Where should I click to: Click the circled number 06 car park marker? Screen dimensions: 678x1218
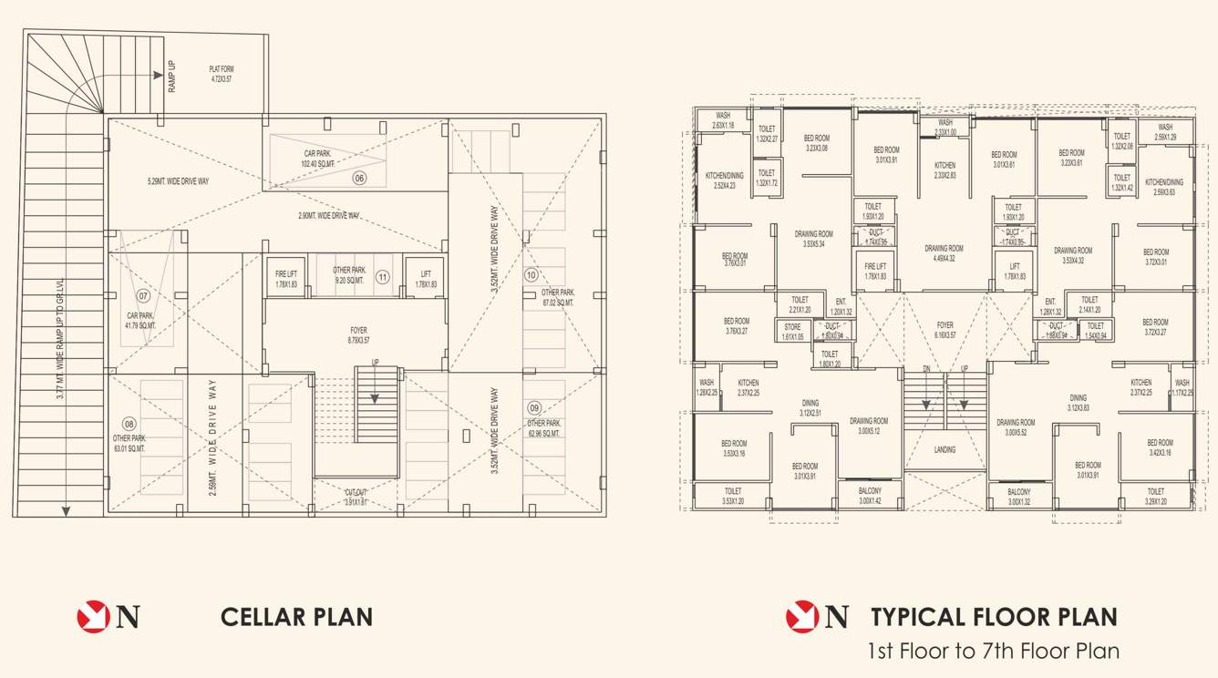(x=359, y=179)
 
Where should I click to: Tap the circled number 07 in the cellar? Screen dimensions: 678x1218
(x=143, y=296)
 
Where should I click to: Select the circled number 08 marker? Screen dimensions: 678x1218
(x=129, y=424)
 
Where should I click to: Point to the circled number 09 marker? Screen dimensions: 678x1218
(x=534, y=408)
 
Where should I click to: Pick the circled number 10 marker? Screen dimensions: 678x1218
(x=531, y=275)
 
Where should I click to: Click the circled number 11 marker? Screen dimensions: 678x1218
(x=383, y=277)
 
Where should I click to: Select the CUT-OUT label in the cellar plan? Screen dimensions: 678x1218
(x=356, y=497)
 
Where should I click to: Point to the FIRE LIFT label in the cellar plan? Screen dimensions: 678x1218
(x=285, y=279)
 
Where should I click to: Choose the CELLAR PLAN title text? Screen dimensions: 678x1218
(x=296, y=617)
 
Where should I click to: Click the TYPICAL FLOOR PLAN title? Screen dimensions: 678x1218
(x=994, y=617)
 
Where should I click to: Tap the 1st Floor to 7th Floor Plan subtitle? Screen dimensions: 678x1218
(x=994, y=652)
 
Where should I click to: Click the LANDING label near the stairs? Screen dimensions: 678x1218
(x=944, y=450)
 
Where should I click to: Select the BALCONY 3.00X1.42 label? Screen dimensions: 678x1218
(x=870, y=496)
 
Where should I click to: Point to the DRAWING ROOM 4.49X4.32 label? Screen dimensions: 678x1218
(x=944, y=253)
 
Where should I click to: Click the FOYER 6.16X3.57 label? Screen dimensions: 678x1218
(x=944, y=330)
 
